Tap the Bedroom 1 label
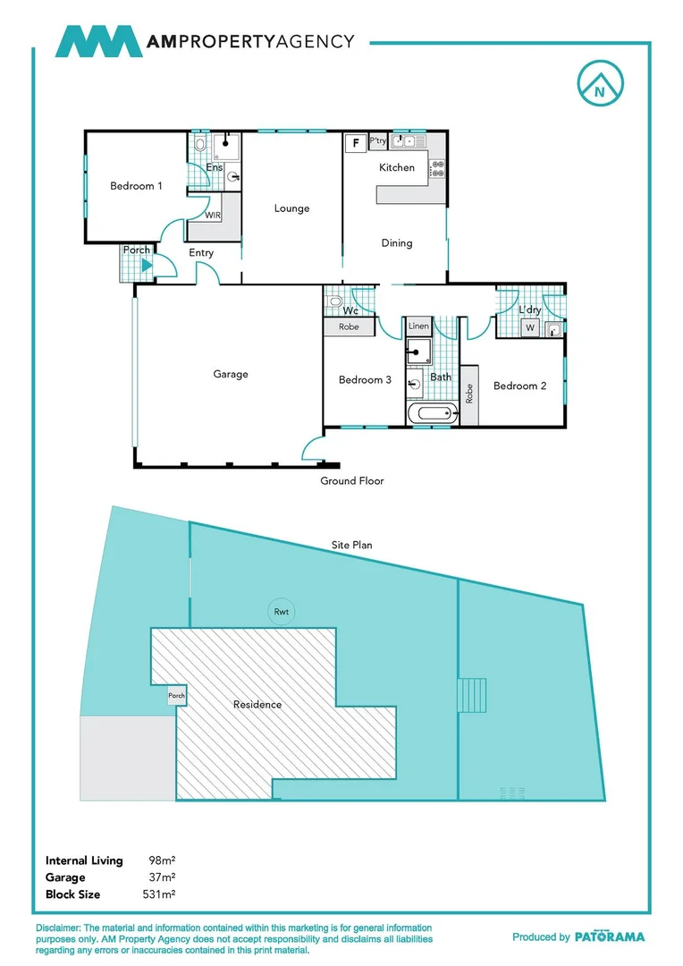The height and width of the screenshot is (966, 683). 136,186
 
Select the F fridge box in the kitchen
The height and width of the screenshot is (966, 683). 356,143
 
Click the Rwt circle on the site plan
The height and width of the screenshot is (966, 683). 282,612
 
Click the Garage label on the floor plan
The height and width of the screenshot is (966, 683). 230,374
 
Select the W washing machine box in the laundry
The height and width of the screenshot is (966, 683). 529,328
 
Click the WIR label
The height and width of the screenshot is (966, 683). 213,216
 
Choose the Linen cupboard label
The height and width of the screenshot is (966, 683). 418,327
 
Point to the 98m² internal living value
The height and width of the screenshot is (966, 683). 162,860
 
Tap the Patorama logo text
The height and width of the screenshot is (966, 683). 609,936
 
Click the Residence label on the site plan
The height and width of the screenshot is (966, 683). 257,704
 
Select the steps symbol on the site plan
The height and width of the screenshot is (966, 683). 473,694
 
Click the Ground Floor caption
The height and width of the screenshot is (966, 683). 352,481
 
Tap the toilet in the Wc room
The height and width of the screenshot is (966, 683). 334,301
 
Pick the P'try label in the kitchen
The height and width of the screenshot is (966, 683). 377,141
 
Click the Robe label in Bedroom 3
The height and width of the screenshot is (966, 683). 349,327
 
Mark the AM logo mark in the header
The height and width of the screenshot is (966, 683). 98,41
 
